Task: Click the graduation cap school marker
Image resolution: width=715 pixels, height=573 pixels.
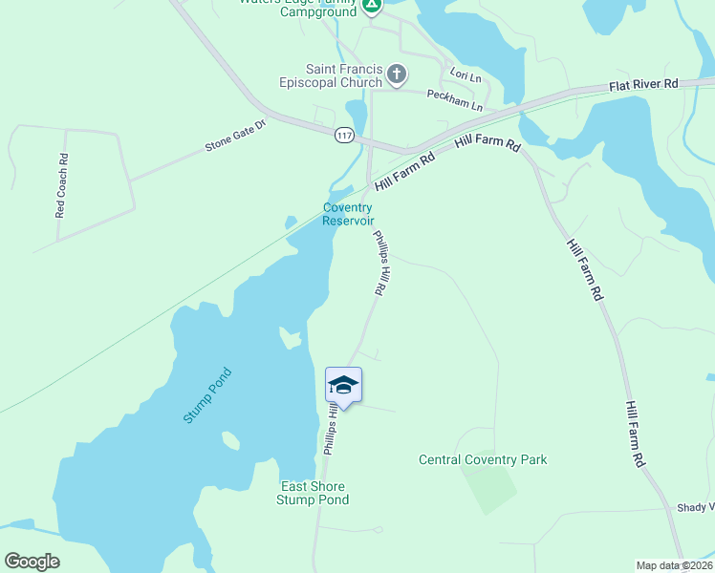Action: pyautogui.click(x=343, y=385)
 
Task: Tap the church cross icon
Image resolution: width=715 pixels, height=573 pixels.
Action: pyautogui.click(x=397, y=74)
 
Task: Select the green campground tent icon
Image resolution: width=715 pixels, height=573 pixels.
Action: pyautogui.click(x=372, y=5)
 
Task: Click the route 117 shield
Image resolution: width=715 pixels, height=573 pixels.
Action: pyautogui.click(x=344, y=135)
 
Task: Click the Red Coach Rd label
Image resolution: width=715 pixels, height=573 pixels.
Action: pyautogui.click(x=61, y=186)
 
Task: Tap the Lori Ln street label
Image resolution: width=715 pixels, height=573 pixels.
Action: pyautogui.click(x=466, y=74)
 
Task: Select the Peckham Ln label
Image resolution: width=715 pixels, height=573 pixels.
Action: pyautogui.click(x=454, y=95)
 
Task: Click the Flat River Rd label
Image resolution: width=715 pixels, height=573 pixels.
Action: pyautogui.click(x=643, y=85)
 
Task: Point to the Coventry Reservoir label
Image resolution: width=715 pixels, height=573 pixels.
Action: pyautogui.click(x=347, y=214)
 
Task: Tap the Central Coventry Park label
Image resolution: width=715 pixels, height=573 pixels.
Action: pyautogui.click(x=483, y=459)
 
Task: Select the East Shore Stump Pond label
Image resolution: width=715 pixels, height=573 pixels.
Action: pyautogui.click(x=313, y=493)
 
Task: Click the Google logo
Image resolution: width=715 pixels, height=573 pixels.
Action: pyautogui.click(x=32, y=562)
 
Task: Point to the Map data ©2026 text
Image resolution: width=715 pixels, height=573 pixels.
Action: pyautogui.click(x=674, y=565)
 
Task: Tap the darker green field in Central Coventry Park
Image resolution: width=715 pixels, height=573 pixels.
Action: pyautogui.click(x=489, y=481)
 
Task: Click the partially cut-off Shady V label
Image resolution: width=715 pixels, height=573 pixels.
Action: pyautogui.click(x=695, y=508)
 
